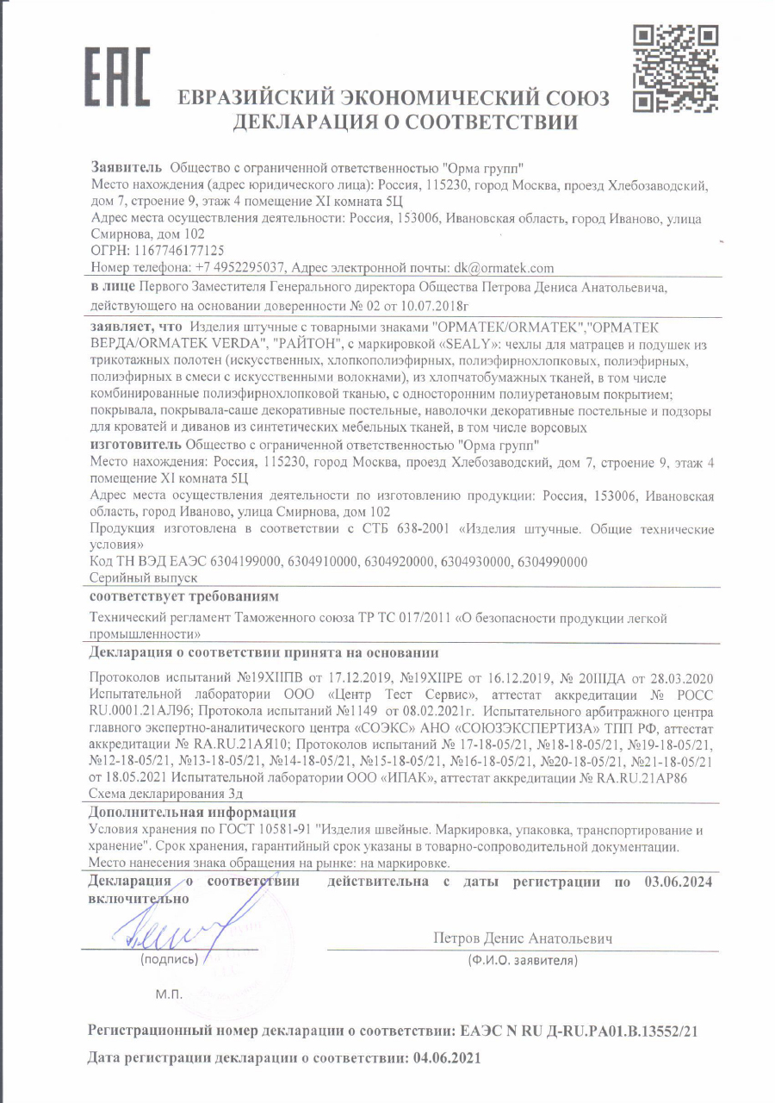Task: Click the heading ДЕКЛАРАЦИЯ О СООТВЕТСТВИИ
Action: pos(405,122)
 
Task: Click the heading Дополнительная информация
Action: pos(193,813)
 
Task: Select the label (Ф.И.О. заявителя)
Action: pos(521,959)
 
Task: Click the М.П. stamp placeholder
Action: pos(170,994)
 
